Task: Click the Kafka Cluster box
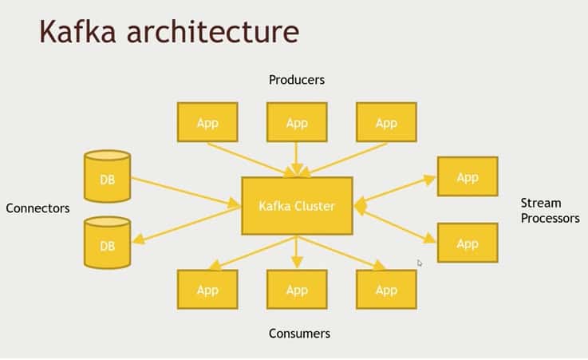coord(297,206)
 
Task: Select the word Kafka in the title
coord(77,31)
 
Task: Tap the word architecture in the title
coord(213,31)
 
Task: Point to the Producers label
coord(297,80)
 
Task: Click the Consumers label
coord(299,334)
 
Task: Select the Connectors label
coord(37,208)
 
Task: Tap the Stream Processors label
coord(551,211)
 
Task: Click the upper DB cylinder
coord(107,176)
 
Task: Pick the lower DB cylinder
coord(107,243)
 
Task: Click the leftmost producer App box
coord(207,122)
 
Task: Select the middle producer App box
coord(297,122)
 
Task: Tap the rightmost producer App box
coord(386,122)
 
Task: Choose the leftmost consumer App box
coord(207,290)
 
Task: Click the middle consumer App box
coord(297,290)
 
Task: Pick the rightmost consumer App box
coord(386,290)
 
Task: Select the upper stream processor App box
coord(468,176)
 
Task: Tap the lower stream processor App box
coord(468,243)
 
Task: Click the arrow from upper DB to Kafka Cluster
coord(186,192)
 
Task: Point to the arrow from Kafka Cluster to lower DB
coord(187,225)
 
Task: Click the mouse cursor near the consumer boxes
coord(419,263)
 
